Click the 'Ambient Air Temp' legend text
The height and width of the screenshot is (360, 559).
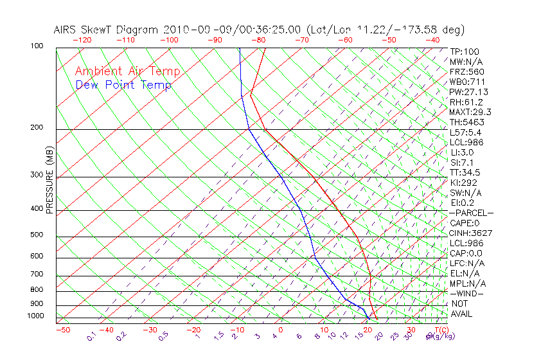coord(127,72)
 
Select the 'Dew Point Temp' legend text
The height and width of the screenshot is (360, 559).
coord(123,85)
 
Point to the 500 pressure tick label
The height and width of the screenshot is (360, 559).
coord(36,235)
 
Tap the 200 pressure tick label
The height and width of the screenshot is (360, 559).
coord(36,128)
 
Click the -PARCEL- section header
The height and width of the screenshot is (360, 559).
coord(471,213)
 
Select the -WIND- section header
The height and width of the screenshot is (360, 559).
coord(466,293)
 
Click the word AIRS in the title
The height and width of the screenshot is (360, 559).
coord(66,30)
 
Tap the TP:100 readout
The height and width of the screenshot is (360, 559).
coord(465,51)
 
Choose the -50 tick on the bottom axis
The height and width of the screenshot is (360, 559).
coord(62,330)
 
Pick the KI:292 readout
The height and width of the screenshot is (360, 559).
coord(463,183)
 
